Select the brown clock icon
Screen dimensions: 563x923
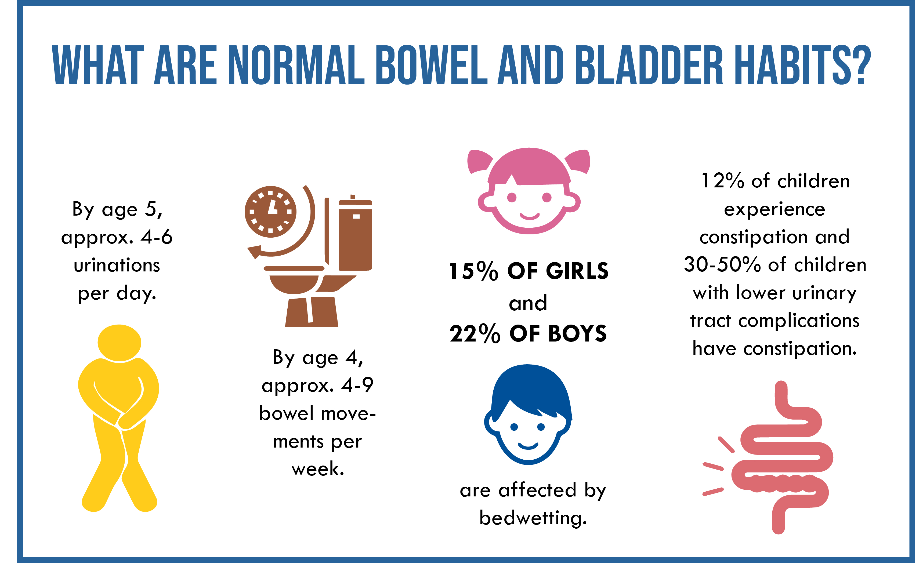click(x=270, y=212)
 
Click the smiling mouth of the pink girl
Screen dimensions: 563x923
click(x=529, y=216)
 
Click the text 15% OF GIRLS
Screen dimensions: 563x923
click(x=529, y=271)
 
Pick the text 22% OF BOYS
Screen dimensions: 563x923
click(x=528, y=334)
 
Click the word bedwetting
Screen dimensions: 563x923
click(x=533, y=518)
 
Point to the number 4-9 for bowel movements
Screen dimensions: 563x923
click(x=357, y=385)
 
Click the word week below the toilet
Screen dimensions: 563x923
click(x=318, y=469)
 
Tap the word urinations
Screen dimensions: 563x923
click(x=117, y=266)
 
